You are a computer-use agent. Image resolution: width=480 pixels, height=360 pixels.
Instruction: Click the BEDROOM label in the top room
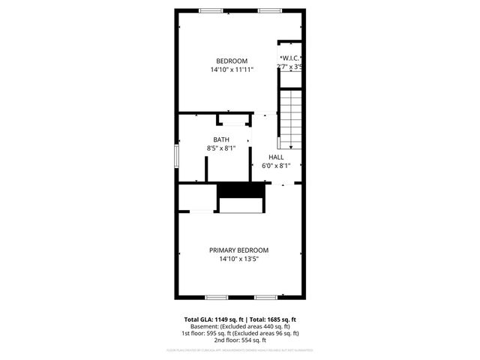tap(232, 61)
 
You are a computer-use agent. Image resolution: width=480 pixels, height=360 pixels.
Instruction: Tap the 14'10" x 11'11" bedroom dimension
tap(232, 70)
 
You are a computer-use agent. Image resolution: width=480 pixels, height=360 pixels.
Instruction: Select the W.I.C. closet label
tap(292, 58)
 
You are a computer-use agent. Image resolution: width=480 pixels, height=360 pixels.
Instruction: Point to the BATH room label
tap(221, 139)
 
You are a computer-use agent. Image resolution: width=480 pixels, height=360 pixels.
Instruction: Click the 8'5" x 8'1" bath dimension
tap(221, 148)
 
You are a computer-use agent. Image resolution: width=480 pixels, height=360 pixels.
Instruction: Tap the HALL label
tap(277, 157)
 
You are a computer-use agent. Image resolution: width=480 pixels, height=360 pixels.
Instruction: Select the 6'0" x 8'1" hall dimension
tap(277, 166)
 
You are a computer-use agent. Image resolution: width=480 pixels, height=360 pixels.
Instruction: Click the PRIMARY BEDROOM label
tap(238, 250)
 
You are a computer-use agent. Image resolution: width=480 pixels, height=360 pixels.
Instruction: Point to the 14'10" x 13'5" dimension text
tap(238, 259)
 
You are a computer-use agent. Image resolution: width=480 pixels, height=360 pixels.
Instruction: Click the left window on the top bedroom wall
tap(211, 10)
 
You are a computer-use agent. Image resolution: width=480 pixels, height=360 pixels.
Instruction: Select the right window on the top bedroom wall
tap(270, 10)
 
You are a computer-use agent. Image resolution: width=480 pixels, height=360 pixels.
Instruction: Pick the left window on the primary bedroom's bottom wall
tap(216, 297)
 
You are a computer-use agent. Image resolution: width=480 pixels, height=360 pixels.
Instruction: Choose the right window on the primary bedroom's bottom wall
tap(265, 297)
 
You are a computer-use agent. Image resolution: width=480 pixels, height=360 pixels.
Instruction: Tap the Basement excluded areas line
tap(240, 326)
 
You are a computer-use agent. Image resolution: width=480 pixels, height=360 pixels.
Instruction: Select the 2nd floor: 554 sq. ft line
tap(240, 340)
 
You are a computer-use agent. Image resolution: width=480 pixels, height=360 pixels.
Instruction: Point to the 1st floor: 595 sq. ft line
tap(240, 333)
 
